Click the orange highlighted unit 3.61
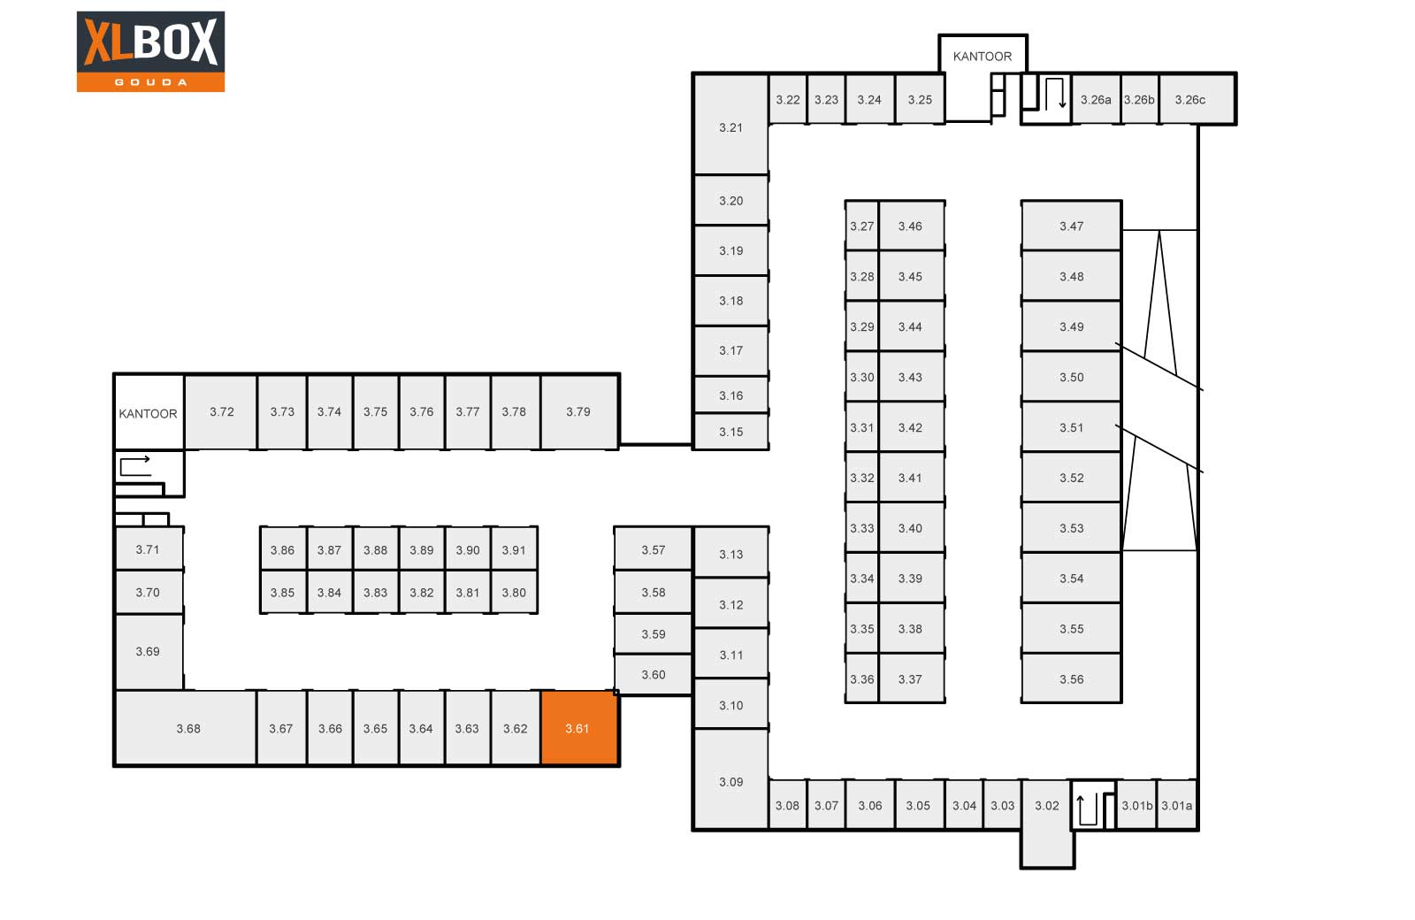pos(578,728)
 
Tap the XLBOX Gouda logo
pos(150,51)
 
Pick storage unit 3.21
pos(730,125)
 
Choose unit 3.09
pos(730,779)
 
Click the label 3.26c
pos(1190,100)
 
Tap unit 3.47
pos(1071,226)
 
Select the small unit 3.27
pos(861,226)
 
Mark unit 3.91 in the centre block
pos(514,548)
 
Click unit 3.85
pos(282,592)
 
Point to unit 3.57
pos(654,549)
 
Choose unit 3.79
pos(579,411)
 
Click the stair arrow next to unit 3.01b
pos(1087,809)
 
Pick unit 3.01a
pos(1177,804)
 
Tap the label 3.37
pos(910,679)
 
